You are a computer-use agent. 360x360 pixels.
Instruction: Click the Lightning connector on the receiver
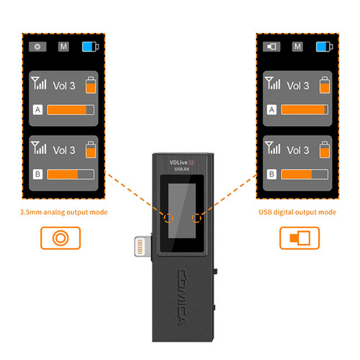point(143,246)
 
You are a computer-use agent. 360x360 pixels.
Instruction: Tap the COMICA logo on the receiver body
point(183,297)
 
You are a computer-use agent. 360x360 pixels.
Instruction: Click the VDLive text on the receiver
point(179,163)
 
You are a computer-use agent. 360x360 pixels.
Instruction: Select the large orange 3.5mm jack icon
point(60,238)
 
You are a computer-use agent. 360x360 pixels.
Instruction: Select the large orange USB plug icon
point(300,238)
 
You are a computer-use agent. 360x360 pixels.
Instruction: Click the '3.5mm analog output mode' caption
point(64,212)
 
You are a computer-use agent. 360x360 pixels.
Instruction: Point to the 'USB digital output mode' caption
point(297,212)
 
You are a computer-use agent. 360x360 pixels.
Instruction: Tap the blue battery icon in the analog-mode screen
point(91,47)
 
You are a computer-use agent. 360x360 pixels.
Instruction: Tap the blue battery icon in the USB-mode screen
point(325,47)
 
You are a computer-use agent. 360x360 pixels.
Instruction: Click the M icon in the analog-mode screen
point(63,47)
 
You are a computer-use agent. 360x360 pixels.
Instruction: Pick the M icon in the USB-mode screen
point(297,47)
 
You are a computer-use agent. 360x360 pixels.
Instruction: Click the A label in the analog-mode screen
point(37,109)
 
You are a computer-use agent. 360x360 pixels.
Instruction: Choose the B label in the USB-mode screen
point(271,174)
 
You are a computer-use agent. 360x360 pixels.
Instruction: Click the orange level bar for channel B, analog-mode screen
point(63,174)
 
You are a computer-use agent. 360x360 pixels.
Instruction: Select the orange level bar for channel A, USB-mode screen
point(303,109)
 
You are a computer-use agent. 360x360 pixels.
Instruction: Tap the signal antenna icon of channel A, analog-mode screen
point(38,83)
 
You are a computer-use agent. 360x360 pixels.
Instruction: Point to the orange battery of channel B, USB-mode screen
point(325,150)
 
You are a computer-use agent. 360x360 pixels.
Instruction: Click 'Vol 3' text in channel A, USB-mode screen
point(298,86)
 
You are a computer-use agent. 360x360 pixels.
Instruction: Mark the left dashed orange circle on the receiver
point(168,218)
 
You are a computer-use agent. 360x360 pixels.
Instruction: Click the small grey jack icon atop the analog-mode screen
point(37,47)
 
